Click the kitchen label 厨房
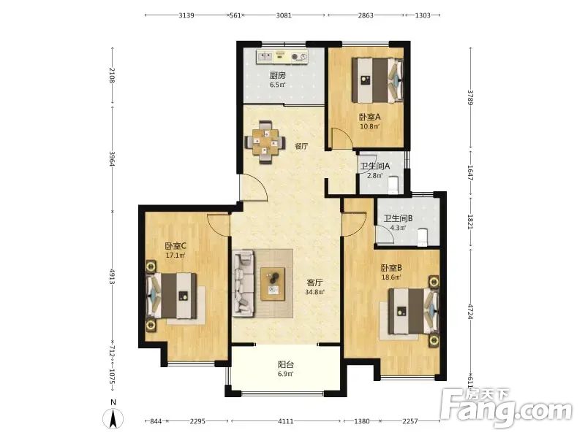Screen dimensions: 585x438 (278, 76)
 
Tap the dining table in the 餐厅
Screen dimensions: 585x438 (265, 142)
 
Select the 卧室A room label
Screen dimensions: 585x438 (370, 117)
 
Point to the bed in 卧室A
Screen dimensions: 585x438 (378, 80)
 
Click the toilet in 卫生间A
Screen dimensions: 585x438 (393, 185)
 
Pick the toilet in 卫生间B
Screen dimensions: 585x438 (422, 237)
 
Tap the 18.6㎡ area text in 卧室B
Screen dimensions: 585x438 (391, 277)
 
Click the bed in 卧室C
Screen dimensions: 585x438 (172, 296)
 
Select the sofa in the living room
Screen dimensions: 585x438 (244, 283)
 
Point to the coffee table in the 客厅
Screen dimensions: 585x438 (273, 283)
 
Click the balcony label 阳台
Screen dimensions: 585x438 (286, 364)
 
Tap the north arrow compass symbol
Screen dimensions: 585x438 (113, 418)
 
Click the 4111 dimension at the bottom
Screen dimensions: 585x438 (286, 421)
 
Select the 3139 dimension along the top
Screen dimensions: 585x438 (186, 15)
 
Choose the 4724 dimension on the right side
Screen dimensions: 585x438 (470, 312)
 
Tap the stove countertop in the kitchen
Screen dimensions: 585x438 (282, 57)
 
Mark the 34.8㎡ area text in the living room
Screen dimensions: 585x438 (315, 292)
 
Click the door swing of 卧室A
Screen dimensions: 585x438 (341, 139)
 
